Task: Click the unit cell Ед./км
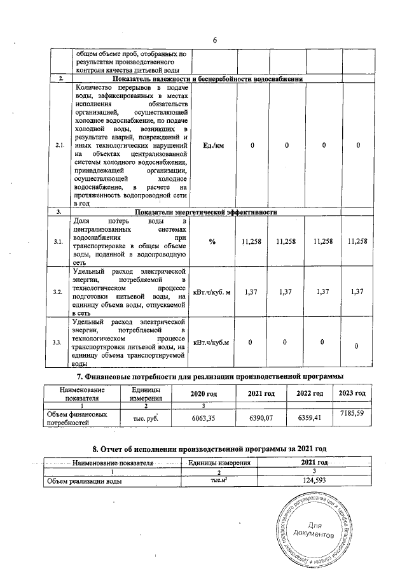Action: point(214,146)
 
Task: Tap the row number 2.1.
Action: point(60,146)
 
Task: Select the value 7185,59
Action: point(352,414)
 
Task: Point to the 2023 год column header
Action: point(352,393)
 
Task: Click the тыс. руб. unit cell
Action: point(145,418)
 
